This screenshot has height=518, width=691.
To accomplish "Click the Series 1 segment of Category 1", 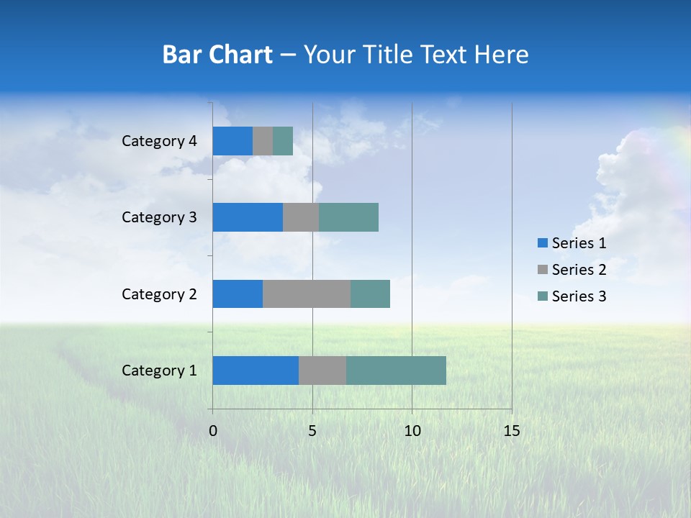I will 256,371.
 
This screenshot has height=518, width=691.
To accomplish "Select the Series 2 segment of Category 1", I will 322,371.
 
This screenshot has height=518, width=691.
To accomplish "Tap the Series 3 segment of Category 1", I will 396,371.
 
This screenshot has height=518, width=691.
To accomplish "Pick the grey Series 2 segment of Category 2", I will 307,294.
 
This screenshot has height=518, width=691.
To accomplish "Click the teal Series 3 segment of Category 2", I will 370,294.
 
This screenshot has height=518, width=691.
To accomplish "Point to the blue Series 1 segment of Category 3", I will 248,217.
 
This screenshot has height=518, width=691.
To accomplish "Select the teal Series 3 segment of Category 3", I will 348,217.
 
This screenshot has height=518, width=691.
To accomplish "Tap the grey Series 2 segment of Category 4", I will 263,141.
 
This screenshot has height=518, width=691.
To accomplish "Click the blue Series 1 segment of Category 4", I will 232,141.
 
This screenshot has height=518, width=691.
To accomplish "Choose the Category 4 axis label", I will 159,141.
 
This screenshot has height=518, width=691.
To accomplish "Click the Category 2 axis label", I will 159,294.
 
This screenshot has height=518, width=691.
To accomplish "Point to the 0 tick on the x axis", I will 213,431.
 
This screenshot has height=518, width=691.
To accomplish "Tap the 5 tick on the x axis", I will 312,431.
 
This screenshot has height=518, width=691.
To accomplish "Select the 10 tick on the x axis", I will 412,431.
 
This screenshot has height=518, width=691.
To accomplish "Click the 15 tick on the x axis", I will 511,431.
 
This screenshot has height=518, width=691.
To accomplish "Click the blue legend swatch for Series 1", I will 542,243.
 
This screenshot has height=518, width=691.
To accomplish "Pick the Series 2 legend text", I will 579,270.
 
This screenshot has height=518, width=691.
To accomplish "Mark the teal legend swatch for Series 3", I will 542,296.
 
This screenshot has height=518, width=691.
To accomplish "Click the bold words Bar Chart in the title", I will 217,55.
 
